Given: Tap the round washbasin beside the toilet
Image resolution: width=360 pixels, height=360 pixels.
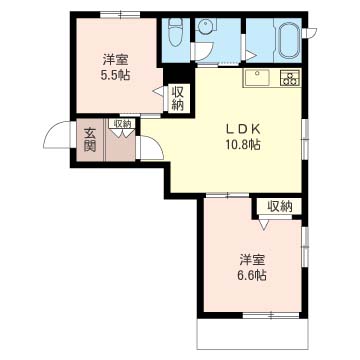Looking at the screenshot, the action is tap(204, 26).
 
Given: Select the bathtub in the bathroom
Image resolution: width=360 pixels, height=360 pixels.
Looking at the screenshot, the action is tap(288, 40).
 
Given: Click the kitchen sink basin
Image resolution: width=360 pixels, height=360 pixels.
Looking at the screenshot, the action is tap(258, 79).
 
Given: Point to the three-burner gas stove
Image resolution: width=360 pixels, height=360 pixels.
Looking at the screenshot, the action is tap(290, 79).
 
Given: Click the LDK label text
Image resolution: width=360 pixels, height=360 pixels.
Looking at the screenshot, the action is tap(243, 128).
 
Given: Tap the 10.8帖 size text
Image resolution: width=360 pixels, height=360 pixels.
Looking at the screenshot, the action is tap(242, 145).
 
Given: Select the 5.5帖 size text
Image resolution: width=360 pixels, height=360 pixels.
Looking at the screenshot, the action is tap(115, 76).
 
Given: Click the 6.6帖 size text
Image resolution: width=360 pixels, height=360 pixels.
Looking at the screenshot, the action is tap(252, 275).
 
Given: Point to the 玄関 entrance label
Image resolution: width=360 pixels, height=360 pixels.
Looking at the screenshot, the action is tap(89, 140).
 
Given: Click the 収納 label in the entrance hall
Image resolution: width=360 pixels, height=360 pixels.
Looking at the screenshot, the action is tap(123, 124).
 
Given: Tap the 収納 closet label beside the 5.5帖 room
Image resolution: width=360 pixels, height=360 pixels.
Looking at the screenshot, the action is tap(178, 99).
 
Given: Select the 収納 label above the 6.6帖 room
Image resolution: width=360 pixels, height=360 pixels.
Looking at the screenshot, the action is tap(280, 207).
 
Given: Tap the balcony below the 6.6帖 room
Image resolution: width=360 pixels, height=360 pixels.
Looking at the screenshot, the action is tap(252, 334).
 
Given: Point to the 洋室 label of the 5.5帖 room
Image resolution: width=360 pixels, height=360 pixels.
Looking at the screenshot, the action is tap(115, 60).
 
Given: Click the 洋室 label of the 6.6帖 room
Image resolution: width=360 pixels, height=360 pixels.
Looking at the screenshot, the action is tap(252, 260).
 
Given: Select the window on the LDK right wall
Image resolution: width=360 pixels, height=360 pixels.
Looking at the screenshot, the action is tap(305, 138).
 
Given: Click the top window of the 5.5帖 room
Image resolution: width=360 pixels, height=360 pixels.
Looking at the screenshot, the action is tap(120, 15).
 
